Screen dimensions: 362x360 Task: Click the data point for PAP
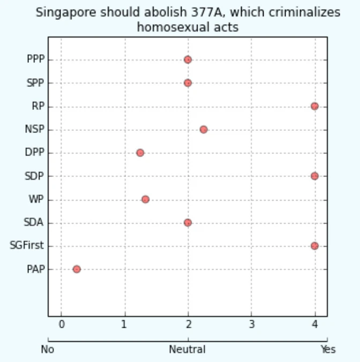(x=77, y=269)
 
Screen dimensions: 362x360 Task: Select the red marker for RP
(x=314, y=106)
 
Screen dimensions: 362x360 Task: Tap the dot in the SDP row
(x=314, y=176)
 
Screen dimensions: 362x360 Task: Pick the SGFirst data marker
(x=314, y=246)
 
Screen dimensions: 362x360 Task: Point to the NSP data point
(x=204, y=129)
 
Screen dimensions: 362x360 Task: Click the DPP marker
(x=140, y=153)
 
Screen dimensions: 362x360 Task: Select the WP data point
(x=145, y=200)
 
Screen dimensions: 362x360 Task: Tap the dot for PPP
(x=187, y=60)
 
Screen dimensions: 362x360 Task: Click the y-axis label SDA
(x=34, y=223)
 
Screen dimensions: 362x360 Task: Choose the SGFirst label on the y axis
(x=27, y=246)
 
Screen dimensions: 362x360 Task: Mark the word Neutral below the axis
(x=187, y=350)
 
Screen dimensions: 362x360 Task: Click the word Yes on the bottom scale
(x=328, y=350)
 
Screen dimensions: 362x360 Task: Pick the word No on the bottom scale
(x=48, y=350)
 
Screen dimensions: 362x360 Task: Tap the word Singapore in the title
(x=60, y=12)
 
